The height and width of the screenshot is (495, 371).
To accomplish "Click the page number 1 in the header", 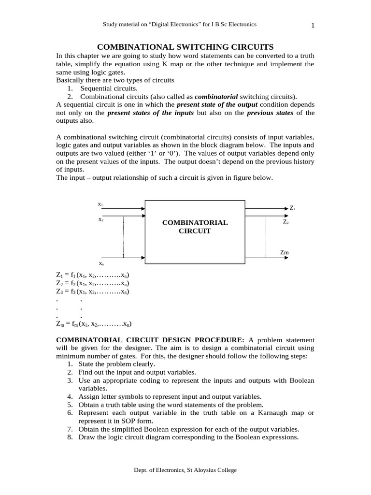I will [x=313, y=26].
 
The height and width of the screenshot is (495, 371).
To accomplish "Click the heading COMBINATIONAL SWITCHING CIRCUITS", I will [x=185, y=47].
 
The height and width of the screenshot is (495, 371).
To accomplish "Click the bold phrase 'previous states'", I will [x=270, y=113].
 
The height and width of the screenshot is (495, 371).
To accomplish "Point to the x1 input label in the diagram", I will [x=100, y=204].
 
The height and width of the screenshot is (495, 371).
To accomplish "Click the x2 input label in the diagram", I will [x=100, y=219].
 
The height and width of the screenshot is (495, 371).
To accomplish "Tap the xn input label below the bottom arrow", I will [x=101, y=264].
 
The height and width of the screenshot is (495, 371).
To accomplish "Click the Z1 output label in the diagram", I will [x=292, y=208].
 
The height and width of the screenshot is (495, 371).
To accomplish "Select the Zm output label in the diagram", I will [x=285, y=252].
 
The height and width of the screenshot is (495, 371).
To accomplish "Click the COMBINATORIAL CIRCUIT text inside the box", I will [x=194, y=227].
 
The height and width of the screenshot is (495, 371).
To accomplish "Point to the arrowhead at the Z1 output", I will [x=286, y=208].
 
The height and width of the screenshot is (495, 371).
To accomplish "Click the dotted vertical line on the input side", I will [x=124, y=237].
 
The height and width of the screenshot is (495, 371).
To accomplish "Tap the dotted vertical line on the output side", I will [x=265, y=237].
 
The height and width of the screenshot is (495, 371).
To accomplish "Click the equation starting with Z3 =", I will [x=93, y=291].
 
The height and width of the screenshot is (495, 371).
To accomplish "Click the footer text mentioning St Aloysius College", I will [x=185, y=469].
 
